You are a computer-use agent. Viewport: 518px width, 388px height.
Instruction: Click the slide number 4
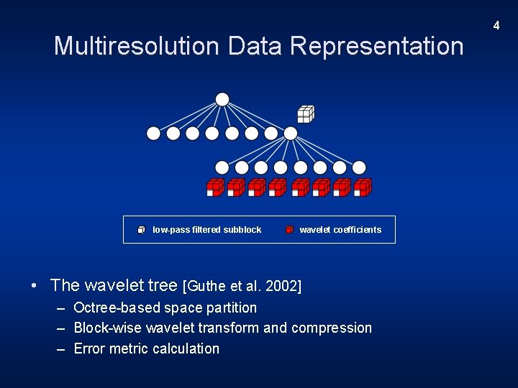[x=496, y=26]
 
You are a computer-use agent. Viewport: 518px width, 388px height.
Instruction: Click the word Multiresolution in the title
[x=137, y=46]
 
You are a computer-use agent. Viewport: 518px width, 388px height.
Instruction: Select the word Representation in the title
[x=378, y=46]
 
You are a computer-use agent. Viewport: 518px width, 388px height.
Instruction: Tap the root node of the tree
[x=222, y=99]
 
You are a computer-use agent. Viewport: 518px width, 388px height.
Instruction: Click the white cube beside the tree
[x=306, y=114]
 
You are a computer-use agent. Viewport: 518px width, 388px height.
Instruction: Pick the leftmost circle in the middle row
[x=153, y=133]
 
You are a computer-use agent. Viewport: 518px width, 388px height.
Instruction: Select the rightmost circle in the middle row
[x=290, y=133]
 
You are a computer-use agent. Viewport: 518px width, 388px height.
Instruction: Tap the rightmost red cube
[x=363, y=188]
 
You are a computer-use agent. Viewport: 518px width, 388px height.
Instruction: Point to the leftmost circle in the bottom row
[x=222, y=167]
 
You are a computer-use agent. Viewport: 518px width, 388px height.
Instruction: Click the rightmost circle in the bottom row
[x=359, y=167]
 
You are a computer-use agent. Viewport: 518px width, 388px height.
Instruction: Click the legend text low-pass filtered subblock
[x=207, y=230]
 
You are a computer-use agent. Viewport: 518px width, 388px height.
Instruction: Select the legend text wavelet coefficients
[x=340, y=230]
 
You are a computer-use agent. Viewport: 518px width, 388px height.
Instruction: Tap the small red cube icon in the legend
[x=289, y=230]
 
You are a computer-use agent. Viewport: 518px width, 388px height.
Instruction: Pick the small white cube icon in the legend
[x=142, y=230]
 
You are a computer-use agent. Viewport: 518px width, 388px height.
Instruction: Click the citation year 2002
[x=283, y=287]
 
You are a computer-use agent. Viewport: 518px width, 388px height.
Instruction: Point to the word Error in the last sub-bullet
[x=90, y=348]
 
